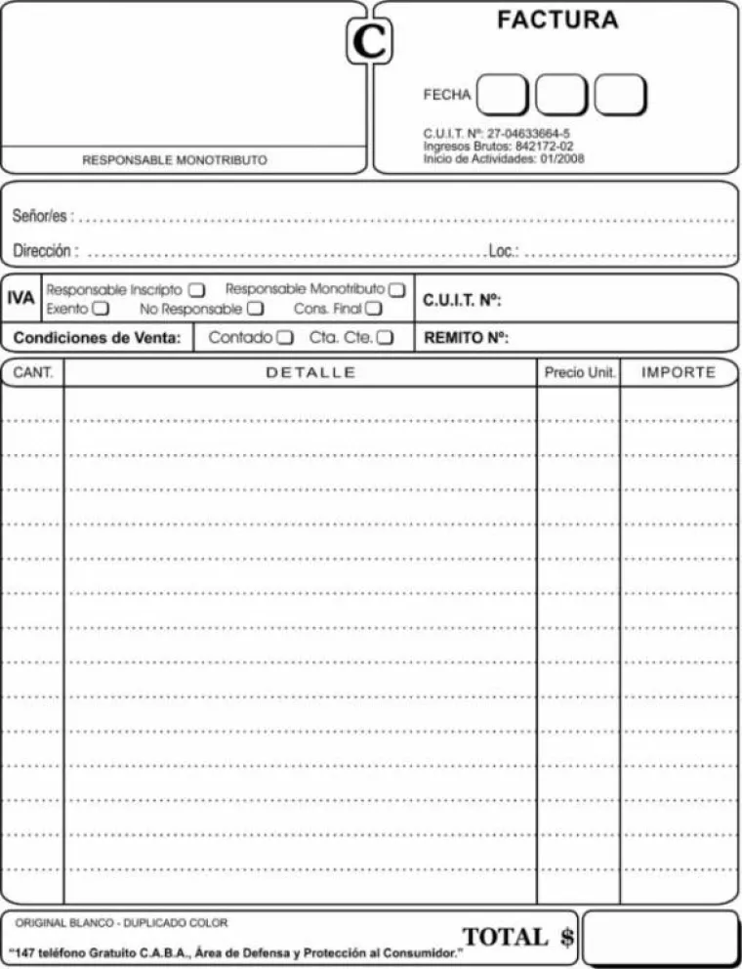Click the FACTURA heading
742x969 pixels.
pos(557,20)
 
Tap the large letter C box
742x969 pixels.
pos(370,42)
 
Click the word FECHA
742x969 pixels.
pos(447,95)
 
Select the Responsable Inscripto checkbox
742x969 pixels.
pos(196,290)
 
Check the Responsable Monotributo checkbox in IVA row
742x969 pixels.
pos(396,290)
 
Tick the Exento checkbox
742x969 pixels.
pos(101,309)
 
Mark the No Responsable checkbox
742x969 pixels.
pos(255,309)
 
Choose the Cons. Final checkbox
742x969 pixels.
pos(373,309)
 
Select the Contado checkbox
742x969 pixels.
pos(284,338)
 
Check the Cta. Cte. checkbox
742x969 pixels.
pos(385,338)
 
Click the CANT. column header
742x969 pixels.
pos(32,373)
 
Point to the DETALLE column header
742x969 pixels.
pos(310,373)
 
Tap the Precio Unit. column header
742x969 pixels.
pos(579,373)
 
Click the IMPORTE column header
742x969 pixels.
pos(679,373)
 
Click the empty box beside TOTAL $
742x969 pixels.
pos(660,938)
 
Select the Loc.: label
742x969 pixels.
pos(504,251)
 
